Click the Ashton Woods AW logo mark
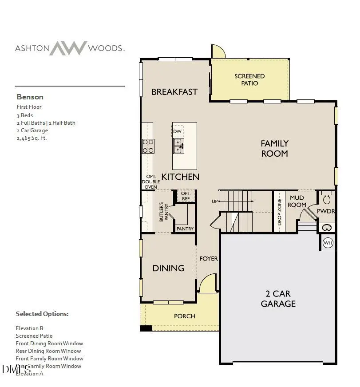point(68,48)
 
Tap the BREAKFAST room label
point(174,92)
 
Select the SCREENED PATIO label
point(249,79)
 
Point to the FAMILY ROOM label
point(274,148)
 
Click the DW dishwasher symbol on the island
point(178,131)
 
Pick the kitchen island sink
point(178,146)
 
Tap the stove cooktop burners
point(148,146)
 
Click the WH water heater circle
point(328,243)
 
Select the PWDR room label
point(326,211)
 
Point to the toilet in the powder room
point(327,198)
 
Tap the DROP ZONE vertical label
point(280,212)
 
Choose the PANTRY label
point(185,229)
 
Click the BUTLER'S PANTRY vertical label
point(164,212)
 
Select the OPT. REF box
point(186,196)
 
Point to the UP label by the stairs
point(215,201)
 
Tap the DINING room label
point(168,268)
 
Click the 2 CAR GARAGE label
point(278,299)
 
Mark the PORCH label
point(184,316)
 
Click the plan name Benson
point(30,97)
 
